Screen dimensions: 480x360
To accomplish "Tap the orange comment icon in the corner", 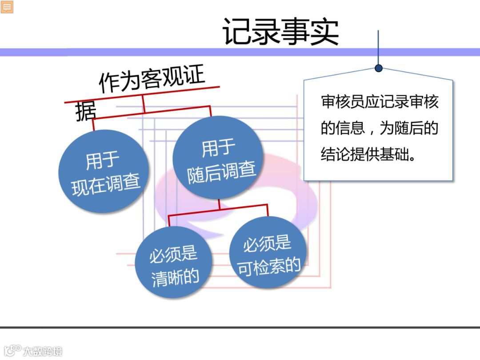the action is click(x=7, y=7).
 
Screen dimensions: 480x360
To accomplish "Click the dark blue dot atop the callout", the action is click(x=378, y=68).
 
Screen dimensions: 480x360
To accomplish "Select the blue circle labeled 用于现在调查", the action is click(x=104, y=171).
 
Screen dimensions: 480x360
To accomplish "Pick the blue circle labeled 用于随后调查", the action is click(x=216, y=158).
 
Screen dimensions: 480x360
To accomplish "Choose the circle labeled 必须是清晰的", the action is click(x=174, y=262).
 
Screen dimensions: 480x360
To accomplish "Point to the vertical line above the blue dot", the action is click(x=378, y=47).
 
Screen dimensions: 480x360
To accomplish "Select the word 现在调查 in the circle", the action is click(x=106, y=184).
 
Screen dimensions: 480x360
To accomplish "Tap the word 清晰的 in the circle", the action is click(x=175, y=277).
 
